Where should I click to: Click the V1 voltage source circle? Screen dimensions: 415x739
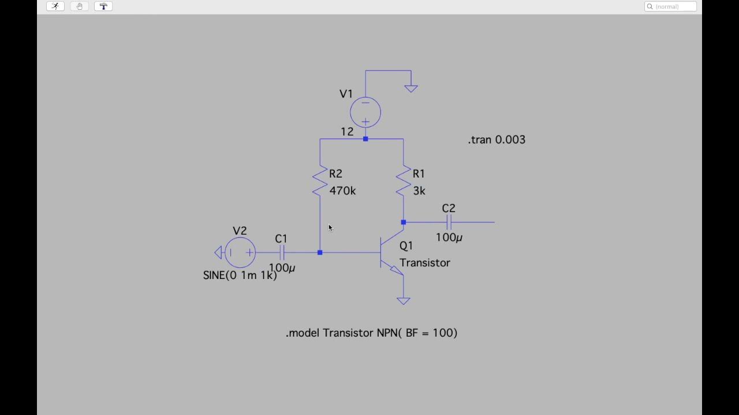(365, 112)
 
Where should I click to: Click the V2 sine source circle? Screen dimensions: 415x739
(240, 252)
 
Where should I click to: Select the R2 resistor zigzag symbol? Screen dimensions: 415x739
(320, 180)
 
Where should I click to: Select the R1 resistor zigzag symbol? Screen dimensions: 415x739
(404, 180)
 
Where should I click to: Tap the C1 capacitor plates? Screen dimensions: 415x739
(282, 252)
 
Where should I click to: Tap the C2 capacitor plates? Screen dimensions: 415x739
(449, 222)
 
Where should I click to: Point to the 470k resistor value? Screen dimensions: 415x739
(342, 191)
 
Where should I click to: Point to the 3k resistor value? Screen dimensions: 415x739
(419, 191)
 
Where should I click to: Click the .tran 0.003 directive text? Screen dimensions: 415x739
(497, 140)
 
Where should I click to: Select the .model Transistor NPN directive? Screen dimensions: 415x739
(371, 333)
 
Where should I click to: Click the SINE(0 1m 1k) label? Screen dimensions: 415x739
(240, 276)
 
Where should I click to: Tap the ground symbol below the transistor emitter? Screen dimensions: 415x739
(404, 300)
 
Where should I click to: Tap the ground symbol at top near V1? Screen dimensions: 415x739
(411, 88)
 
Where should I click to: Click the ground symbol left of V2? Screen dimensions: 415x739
(218, 252)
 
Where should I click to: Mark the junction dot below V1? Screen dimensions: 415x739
(365, 139)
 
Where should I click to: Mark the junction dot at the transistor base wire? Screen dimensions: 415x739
(320, 252)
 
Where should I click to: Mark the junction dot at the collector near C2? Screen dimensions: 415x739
(404, 222)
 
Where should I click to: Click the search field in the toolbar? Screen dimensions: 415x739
(670, 6)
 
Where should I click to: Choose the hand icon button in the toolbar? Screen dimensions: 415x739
(79, 6)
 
